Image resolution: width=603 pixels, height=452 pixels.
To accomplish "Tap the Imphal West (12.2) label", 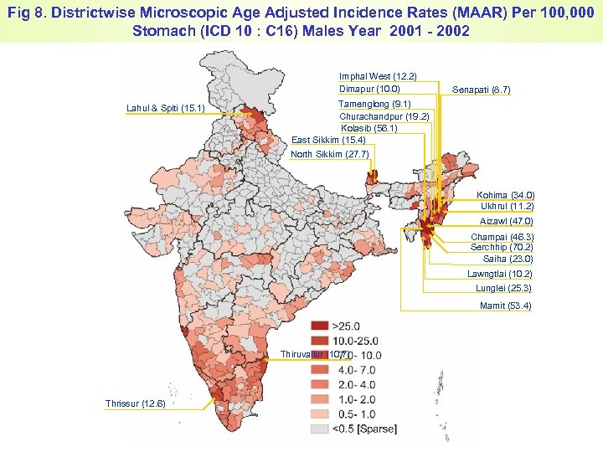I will tap(378, 76).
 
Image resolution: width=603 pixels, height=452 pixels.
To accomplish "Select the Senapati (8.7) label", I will tap(481, 90).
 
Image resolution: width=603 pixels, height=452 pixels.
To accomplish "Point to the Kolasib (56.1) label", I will tap(369, 128).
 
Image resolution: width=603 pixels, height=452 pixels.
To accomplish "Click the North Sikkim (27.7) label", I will tap(329, 155).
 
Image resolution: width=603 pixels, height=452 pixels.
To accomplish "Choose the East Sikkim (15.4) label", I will tap(327, 140).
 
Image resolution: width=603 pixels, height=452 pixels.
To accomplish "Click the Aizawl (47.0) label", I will tap(506, 221).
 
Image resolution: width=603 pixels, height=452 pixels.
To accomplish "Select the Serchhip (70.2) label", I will tap(502, 248).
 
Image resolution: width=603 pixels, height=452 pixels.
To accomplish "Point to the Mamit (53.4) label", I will tap(505, 306).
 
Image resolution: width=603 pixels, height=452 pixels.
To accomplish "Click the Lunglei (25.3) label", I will tap(503, 289).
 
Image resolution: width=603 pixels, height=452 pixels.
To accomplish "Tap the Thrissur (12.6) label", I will tap(136, 404).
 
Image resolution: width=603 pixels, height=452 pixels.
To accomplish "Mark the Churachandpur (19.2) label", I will tap(384, 116).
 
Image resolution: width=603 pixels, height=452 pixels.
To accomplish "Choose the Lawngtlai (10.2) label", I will tap(499, 274).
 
